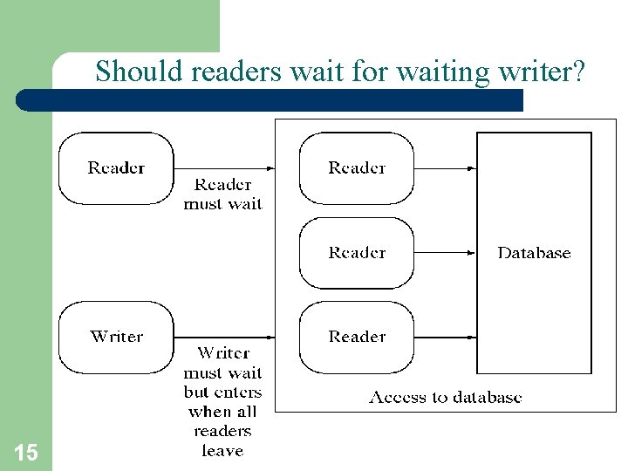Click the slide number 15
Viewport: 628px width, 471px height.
tap(26, 452)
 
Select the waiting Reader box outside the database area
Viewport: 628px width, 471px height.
tap(116, 167)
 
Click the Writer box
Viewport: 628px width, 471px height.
tap(116, 337)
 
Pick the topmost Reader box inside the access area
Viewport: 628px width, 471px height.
tap(357, 167)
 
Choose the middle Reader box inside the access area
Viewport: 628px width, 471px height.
tap(357, 253)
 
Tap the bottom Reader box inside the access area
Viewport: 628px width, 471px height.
tap(357, 337)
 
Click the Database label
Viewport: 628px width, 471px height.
tap(534, 253)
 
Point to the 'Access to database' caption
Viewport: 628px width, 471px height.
tap(446, 398)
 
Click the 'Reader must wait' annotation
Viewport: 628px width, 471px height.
tap(222, 195)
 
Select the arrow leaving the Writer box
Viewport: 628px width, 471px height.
tap(224, 337)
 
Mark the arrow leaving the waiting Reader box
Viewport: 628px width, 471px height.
tap(224, 167)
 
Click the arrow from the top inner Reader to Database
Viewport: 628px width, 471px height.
tap(445, 167)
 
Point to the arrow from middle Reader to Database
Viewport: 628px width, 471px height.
tap(445, 253)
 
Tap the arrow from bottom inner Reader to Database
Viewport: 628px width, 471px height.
tap(445, 337)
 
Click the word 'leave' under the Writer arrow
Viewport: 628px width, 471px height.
tap(222, 451)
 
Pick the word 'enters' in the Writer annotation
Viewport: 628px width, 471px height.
tap(237, 392)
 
